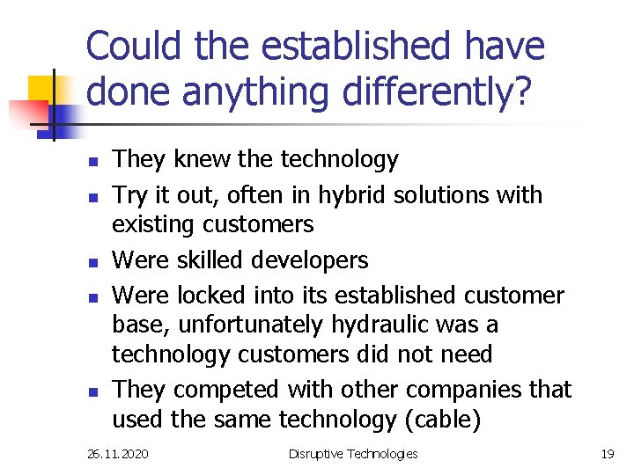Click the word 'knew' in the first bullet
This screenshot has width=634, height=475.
coord(200,159)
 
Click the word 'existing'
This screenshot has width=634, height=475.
coord(152,225)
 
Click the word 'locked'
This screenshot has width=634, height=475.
coord(211,295)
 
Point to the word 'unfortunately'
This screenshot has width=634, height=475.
coord(251,325)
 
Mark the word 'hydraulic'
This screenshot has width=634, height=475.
coord(379,325)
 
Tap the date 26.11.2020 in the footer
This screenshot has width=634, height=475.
coord(118,454)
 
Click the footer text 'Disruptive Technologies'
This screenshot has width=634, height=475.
coord(353,454)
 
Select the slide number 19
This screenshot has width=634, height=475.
coord(606,454)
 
